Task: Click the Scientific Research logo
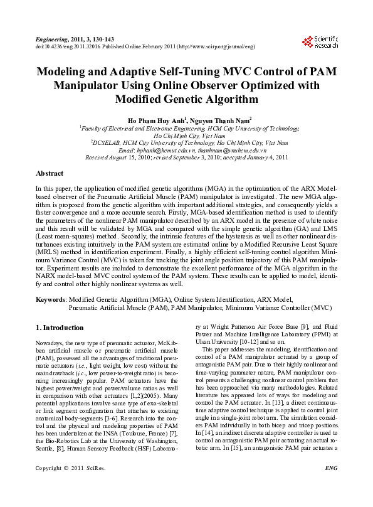(x=319, y=42)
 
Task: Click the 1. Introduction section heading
(x=60, y=328)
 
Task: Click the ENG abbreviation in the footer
(x=331, y=486)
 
